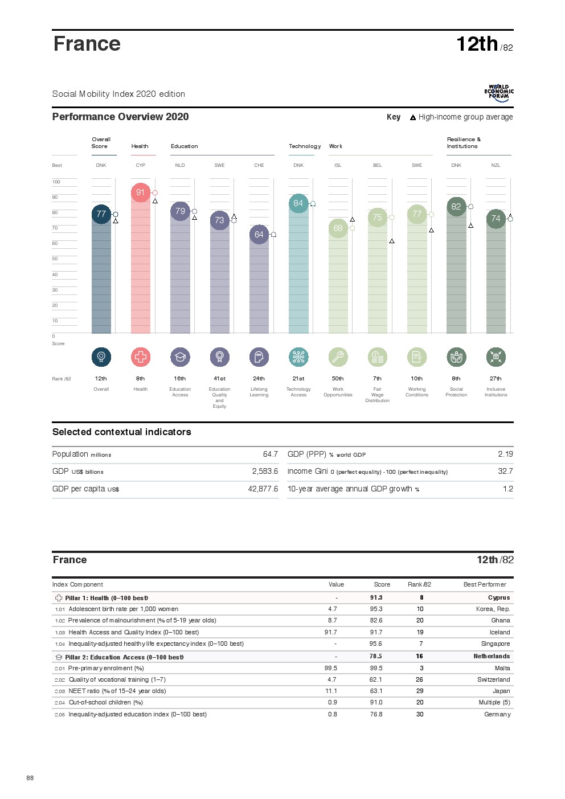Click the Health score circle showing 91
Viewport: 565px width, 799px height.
(141, 192)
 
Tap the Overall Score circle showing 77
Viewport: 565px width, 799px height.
(101, 214)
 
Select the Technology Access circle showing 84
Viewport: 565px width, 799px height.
(298, 203)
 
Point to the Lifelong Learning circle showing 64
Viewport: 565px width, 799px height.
(259, 235)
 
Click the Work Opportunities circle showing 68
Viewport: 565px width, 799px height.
(338, 228)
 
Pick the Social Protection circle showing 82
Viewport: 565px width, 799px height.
(456, 207)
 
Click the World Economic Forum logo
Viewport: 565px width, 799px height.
(499, 93)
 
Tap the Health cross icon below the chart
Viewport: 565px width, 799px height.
(141, 357)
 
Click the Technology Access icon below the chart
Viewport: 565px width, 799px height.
(298, 357)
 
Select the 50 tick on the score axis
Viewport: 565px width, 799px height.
(55, 259)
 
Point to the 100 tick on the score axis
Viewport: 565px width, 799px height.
(56, 182)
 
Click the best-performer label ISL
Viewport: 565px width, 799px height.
(338, 166)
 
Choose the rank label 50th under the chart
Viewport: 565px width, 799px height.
(338, 379)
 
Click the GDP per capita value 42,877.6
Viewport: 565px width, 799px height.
(263, 489)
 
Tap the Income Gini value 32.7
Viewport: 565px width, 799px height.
(505, 472)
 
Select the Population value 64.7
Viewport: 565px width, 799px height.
(271, 454)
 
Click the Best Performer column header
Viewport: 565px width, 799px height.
(485, 585)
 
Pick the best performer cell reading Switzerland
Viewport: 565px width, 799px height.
(494, 680)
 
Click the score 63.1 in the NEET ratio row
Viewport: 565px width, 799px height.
(376, 691)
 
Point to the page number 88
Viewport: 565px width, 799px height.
(30, 778)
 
